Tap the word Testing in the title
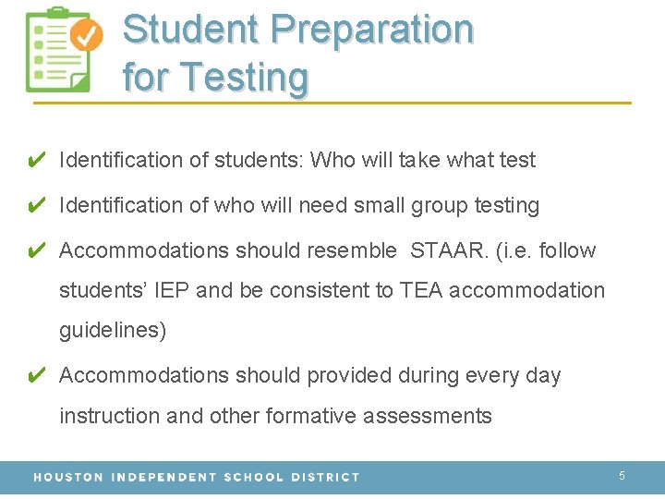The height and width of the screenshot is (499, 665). point(245,77)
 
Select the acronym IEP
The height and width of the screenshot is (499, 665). point(171,290)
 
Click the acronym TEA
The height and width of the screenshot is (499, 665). point(421,290)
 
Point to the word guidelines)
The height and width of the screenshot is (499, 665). point(113,331)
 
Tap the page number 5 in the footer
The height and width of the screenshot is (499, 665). point(622,476)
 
